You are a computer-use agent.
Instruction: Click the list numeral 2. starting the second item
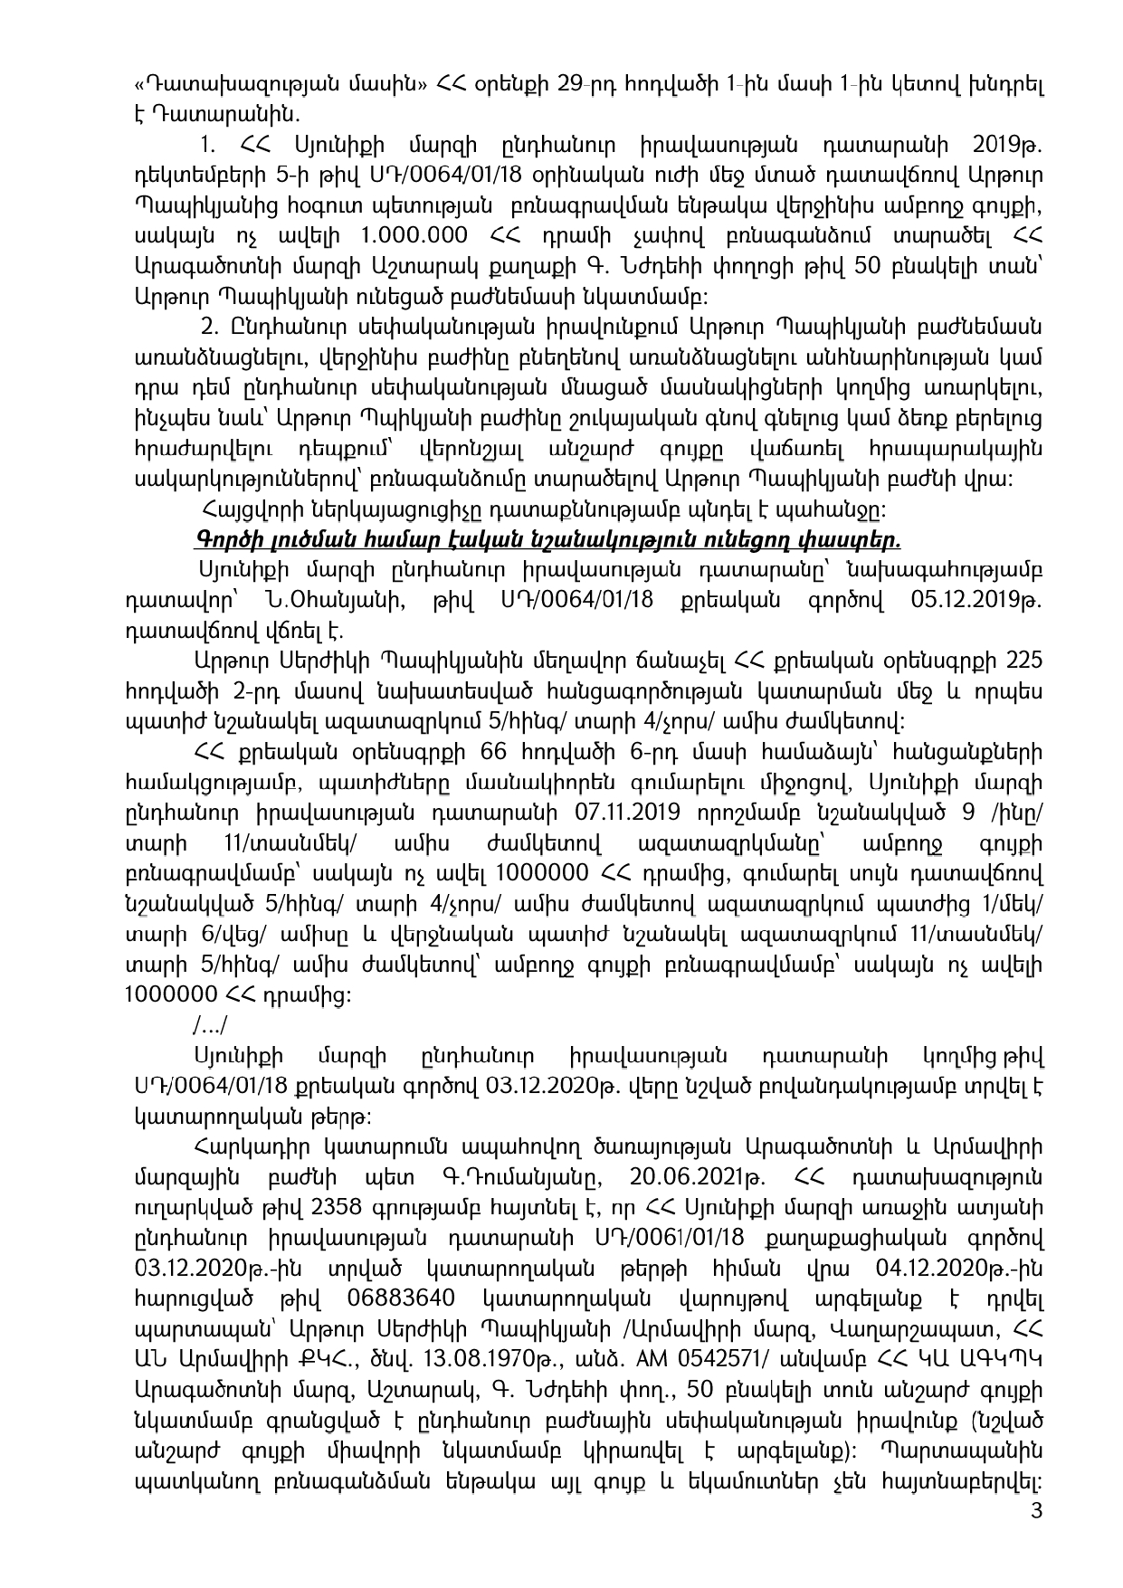click(211, 327)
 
